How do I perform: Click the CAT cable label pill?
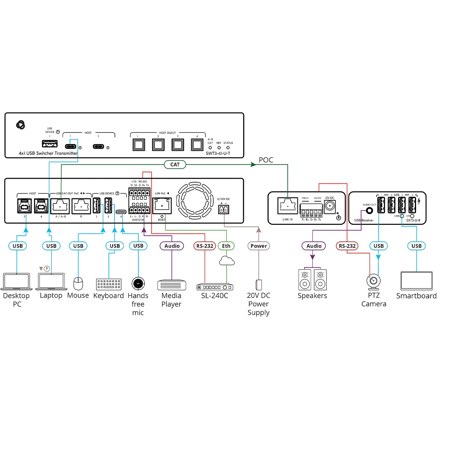tap(175, 164)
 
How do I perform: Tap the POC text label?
tap(266, 160)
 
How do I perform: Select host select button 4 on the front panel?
tap(197, 144)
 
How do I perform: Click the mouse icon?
tap(78, 284)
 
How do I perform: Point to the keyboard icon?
tap(109, 284)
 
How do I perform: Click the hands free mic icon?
tap(138, 283)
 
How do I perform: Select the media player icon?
tap(172, 285)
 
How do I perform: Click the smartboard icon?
tap(416, 281)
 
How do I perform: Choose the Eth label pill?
tap(226, 246)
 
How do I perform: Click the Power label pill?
tap(259, 246)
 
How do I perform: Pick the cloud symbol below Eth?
tap(227, 260)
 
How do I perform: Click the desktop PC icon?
tap(16, 281)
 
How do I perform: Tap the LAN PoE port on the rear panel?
tap(162, 206)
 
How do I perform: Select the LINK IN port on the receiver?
tap(287, 206)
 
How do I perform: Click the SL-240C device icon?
tap(215, 287)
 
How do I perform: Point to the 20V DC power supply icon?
tap(259, 285)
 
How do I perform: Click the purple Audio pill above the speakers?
tap(314, 246)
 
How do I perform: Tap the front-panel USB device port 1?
tap(50, 144)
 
